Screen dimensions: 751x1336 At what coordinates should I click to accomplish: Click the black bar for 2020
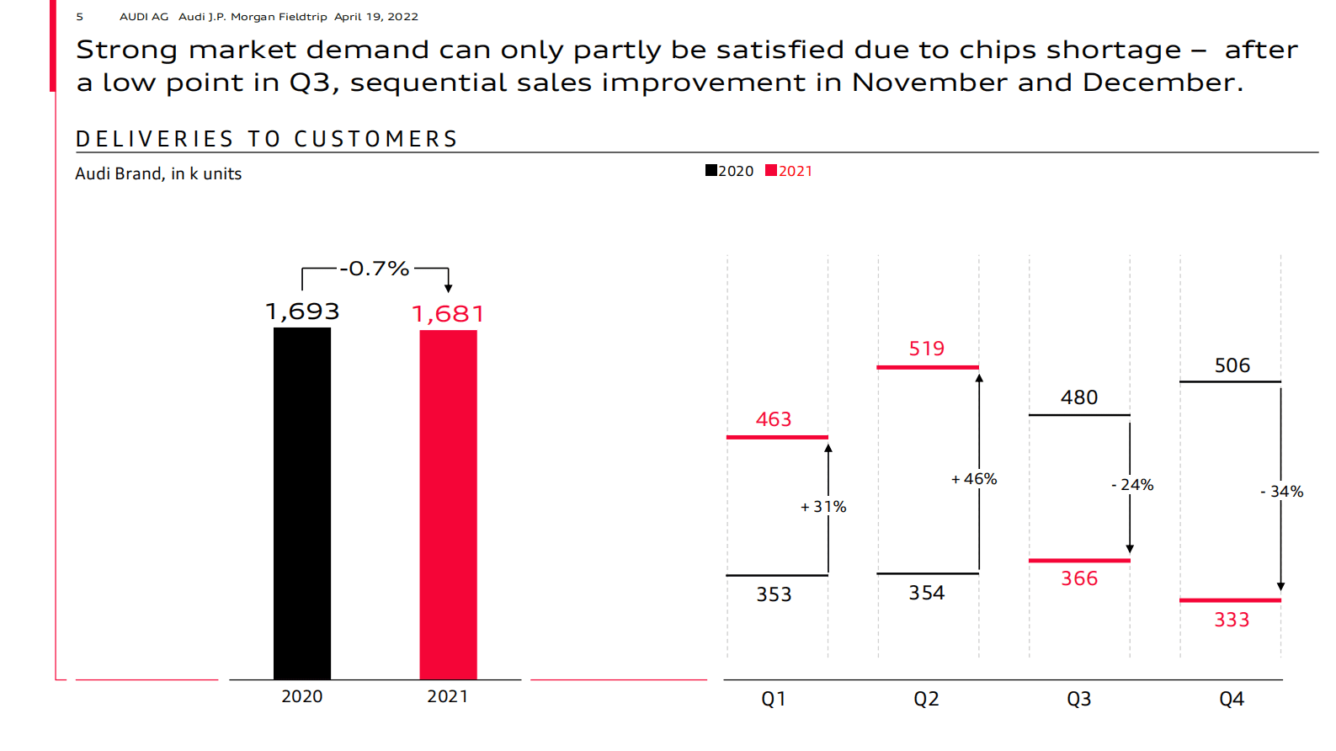click(302, 503)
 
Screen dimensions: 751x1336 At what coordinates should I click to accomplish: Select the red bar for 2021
click(448, 504)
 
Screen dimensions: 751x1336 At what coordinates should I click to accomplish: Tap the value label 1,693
click(302, 312)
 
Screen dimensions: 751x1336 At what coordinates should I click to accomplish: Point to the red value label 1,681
click(448, 314)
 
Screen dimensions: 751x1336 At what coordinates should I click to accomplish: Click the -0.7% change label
click(375, 269)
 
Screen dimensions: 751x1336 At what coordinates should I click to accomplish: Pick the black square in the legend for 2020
click(711, 171)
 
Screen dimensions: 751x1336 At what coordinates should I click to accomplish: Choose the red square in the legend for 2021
click(771, 171)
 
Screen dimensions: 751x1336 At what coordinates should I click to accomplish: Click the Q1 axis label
click(774, 699)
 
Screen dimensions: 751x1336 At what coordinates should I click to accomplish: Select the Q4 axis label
click(1232, 699)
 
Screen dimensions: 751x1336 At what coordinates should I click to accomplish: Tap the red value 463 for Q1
click(774, 419)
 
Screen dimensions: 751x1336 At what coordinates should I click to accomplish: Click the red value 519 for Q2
click(927, 349)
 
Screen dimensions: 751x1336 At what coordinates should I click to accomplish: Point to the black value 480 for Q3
click(1079, 397)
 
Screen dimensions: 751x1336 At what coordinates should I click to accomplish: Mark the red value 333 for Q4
click(1232, 620)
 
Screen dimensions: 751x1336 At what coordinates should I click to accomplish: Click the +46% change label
click(974, 479)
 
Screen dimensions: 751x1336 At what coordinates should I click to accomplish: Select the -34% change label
click(1282, 492)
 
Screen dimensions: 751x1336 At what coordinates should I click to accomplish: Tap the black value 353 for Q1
click(774, 594)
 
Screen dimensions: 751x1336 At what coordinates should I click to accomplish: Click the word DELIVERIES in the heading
click(155, 139)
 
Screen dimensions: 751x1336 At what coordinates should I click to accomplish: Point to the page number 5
click(80, 17)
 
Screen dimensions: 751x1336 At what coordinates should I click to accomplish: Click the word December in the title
click(1162, 83)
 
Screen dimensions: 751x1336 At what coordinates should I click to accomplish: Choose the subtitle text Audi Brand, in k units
click(158, 173)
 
